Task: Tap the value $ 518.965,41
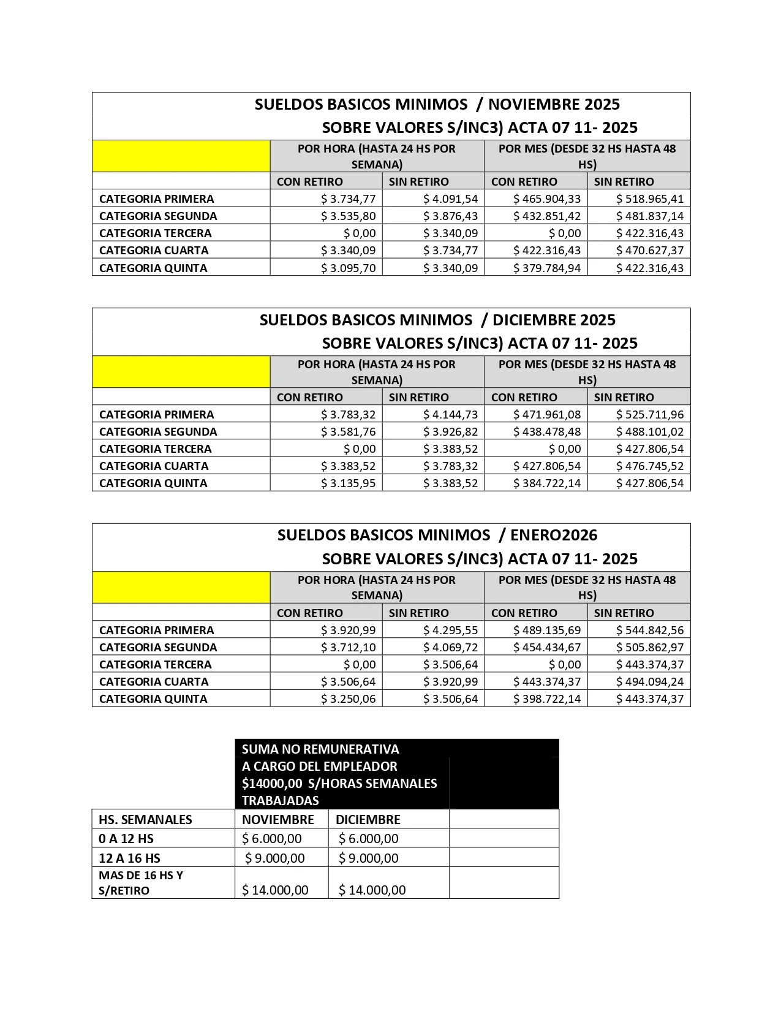click(x=649, y=199)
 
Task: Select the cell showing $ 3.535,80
click(x=348, y=216)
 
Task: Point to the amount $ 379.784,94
click(x=547, y=268)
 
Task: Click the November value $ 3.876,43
click(x=450, y=216)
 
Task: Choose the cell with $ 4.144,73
click(x=450, y=414)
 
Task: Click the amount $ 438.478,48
click(x=547, y=431)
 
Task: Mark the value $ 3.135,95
click(x=348, y=483)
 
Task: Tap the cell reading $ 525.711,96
click(x=649, y=414)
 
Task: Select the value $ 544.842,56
click(x=649, y=630)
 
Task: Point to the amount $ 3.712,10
click(x=348, y=647)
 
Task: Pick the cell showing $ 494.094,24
click(x=649, y=681)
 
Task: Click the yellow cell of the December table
click(x=181, y=371)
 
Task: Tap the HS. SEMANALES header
click(x=145, y=819)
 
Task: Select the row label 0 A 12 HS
click(x=126, y=838)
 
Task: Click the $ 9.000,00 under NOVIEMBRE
click(x=274, y=858)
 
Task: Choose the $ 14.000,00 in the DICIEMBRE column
click(x=372, y=890)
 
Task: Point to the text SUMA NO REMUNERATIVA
click(x=320, y=749)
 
